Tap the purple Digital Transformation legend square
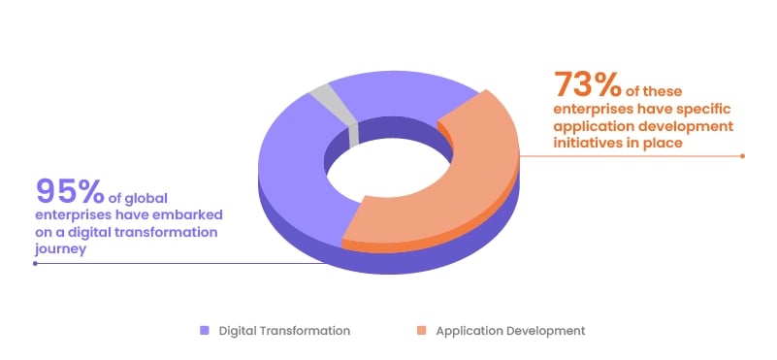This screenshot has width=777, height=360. pos(205,331)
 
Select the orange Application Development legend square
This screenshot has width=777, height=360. pos(422,331)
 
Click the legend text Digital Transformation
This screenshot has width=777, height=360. pos(284,331)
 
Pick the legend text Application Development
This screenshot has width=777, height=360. pos(510,331)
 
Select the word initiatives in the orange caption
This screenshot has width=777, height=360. pos(590,142)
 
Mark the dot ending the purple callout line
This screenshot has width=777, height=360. pos(36,263)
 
